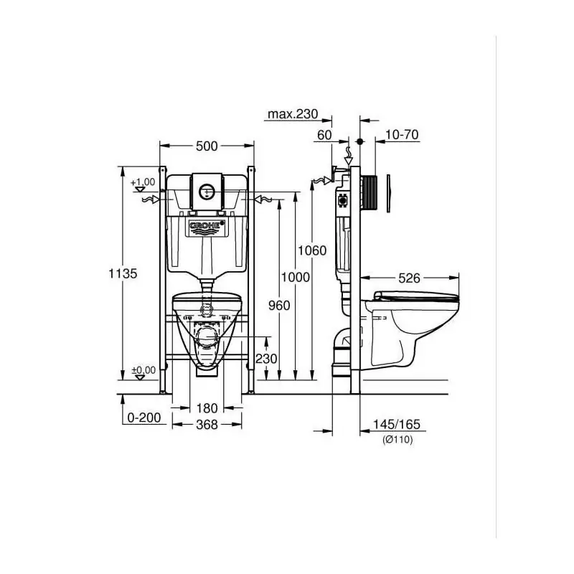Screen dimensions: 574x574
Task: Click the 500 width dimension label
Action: pos(206,146)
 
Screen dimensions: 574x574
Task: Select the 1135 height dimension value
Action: pos(123,273)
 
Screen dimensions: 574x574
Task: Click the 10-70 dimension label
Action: pos(402,134)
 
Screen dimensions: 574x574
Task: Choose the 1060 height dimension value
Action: pos(313,250)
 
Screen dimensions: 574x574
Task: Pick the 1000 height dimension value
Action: pos(296,278)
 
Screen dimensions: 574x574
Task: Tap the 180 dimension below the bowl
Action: pos(206,408)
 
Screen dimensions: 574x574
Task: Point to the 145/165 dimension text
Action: pos(397,425)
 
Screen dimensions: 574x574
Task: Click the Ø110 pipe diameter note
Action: pos(397,439)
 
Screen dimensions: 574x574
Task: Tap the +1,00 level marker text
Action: pos(143,182)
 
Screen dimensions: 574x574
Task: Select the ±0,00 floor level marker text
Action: pos(143,370)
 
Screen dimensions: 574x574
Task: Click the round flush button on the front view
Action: pos(207,192)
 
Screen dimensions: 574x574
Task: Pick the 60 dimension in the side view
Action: pos(324,134)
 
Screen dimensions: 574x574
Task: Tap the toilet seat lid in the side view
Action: pos(417,295)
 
